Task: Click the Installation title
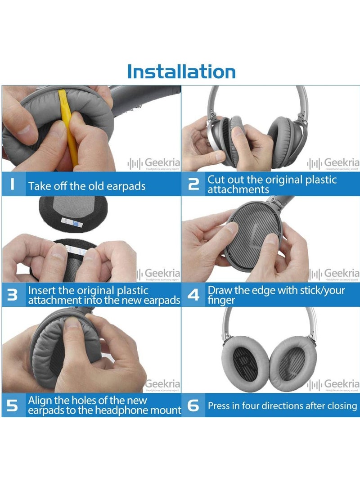click(x=181, y=72)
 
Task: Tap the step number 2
click(x=193, y=185)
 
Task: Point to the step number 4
click(x=193, y=295)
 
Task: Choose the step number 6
click(x=193, y=405)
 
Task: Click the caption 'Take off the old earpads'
click(x=87, y=186)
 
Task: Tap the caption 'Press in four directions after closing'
click(x=282, y=406)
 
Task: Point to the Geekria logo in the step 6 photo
click(x=333, y=384)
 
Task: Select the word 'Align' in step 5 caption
click(x=41, y=400)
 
